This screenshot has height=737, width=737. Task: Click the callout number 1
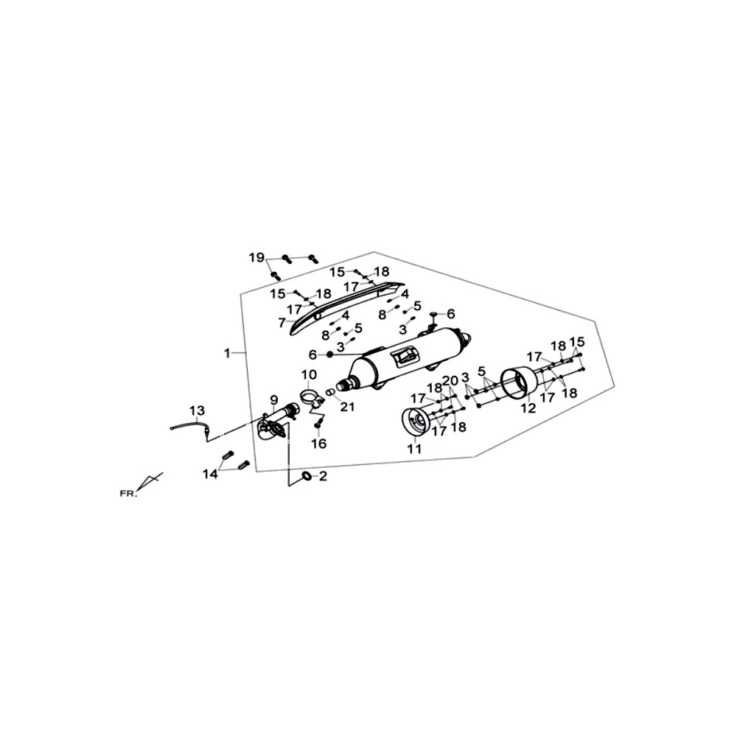click(228, 353)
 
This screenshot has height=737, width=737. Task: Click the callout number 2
click(323, 476)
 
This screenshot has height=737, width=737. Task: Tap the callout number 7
click(282, 323)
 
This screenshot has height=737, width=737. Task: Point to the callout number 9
click(274, 400)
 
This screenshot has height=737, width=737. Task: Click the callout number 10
click(310, 375)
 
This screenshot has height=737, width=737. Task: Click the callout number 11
click(414, 449)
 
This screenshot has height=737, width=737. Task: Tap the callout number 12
click(528, 408)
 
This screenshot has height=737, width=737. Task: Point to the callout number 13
click(198, 411)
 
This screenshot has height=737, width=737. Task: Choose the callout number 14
click(211, 474)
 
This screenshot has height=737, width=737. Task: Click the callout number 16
click(319, 443)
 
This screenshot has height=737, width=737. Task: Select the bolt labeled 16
click(318, 425)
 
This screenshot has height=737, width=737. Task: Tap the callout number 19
click(257, 257)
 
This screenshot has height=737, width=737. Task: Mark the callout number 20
click(450, 380)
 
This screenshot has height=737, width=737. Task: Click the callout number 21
click(347, 407)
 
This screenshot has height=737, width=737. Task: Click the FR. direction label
click(128, 494)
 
